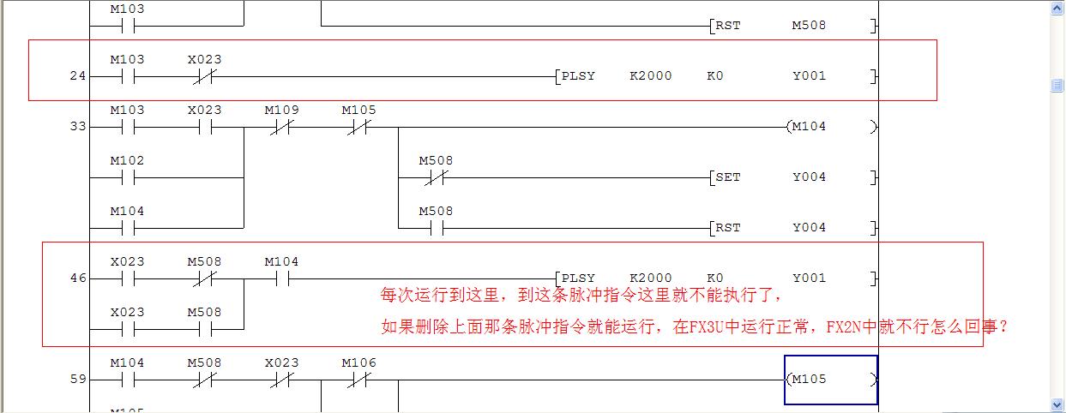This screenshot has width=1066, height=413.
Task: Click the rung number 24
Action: [78, 76]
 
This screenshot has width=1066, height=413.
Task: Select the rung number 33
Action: [78, 127]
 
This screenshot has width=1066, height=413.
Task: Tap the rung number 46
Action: [78, 278]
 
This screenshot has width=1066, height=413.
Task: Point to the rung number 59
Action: [78, 380]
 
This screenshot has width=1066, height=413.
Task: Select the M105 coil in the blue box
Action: [830, 380]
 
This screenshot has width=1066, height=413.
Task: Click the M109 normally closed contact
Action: [281, 127]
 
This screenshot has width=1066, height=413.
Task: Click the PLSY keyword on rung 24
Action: [578, 76]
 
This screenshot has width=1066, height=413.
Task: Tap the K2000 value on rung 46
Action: [650, 278]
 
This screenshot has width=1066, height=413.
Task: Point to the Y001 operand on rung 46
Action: [809, 278]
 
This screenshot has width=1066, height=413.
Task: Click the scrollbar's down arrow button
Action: [1057, 404]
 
